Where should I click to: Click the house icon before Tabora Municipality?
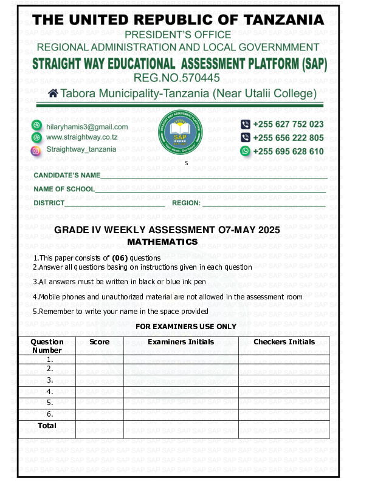click(x=53, y=94)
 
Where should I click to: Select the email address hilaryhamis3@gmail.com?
click(x=87, y=127)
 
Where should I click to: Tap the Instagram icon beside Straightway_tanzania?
click(x=36, y=149)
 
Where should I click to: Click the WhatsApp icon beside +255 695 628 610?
click(x=246, y=151)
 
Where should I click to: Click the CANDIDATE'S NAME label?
click(x=67, y=176)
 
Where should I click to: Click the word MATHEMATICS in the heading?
click(x=179, y=242)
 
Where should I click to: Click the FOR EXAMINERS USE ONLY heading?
click(x=185, y=327)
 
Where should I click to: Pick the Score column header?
click(x=100, y=342)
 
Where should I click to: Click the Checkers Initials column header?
click(x=284, y=342)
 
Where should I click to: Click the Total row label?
click(x=47, y=426)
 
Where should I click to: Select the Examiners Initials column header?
click(x=181, y=342)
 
